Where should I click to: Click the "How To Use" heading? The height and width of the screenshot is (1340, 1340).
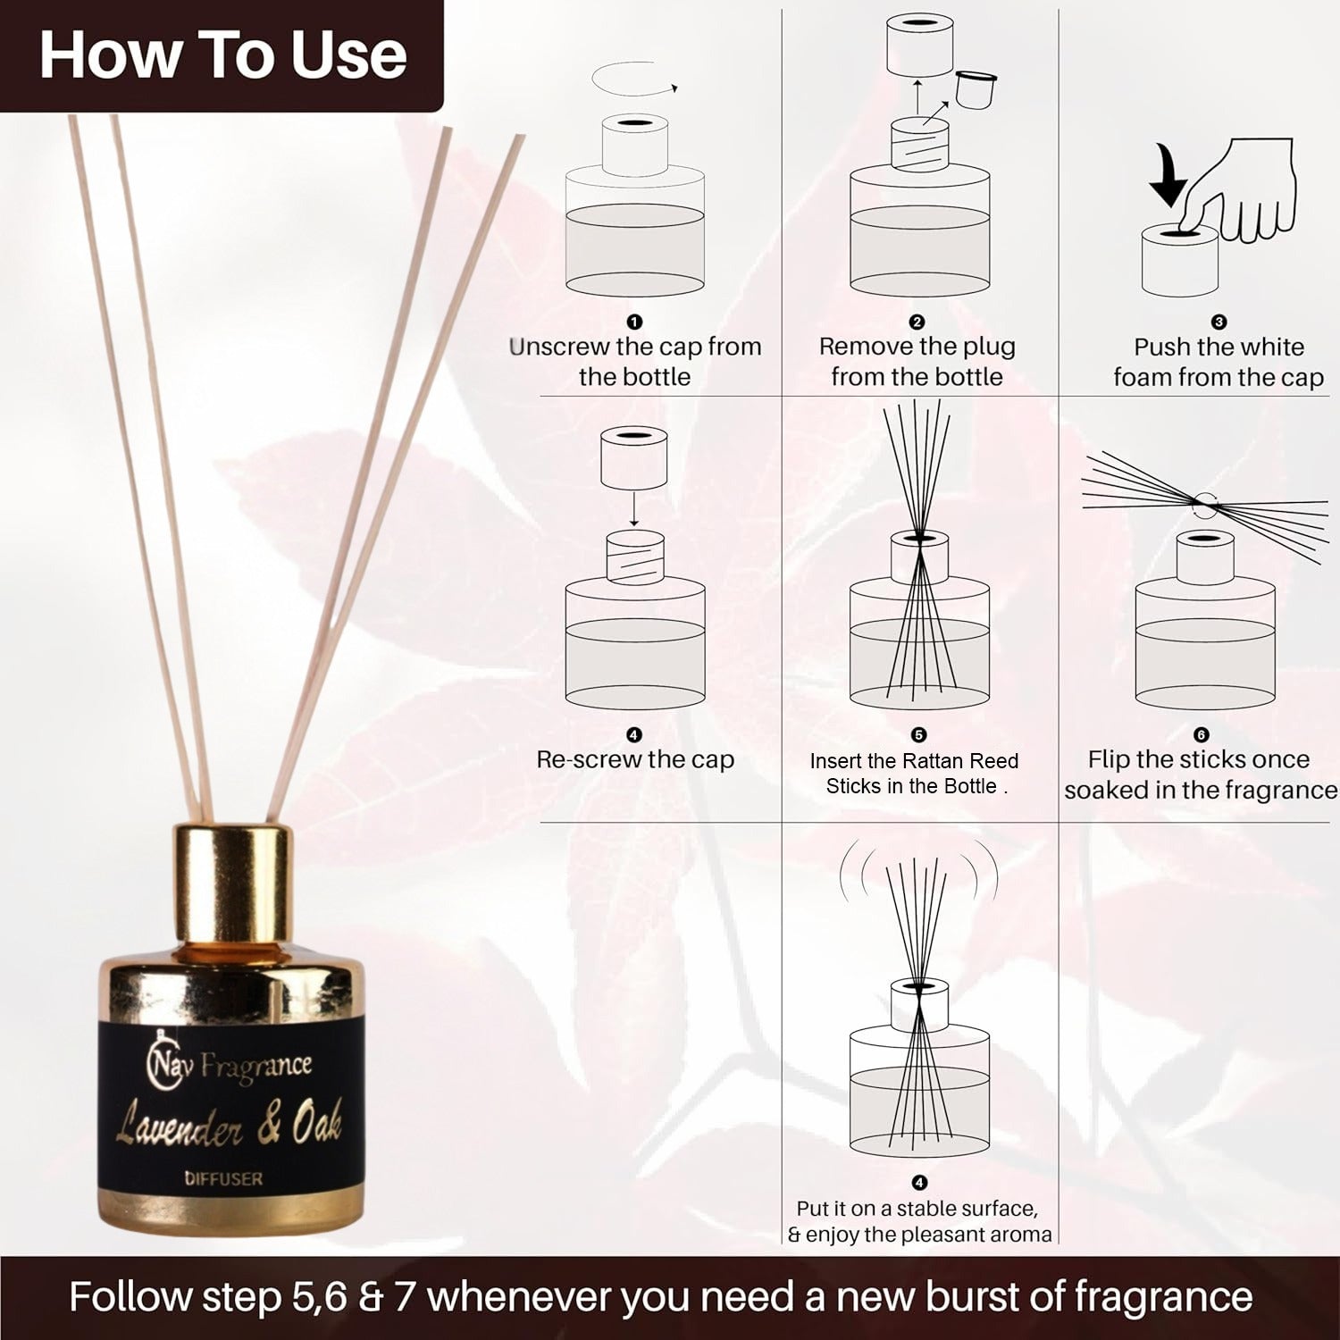(222, 54)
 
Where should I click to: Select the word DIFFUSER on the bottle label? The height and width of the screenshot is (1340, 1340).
(223, 1179)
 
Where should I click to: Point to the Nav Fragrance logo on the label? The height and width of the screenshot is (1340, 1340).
(229, 1065)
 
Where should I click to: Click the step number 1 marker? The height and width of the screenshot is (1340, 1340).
(634, 322)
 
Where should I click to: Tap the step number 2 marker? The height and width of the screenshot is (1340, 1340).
(917, 322)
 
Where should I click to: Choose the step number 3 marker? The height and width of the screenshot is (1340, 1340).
(1219, 322)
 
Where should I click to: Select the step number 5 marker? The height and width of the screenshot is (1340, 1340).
(918, 734)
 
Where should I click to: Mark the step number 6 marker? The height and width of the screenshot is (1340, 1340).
(1201, 734)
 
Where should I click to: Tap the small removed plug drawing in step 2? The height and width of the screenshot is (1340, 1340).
(976, 88)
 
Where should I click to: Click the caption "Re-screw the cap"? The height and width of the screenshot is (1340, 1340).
(635, 759)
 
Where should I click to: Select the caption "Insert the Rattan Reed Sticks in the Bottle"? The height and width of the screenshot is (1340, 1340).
(914, 774)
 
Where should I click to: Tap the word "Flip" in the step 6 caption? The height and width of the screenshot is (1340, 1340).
(1109, 760)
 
